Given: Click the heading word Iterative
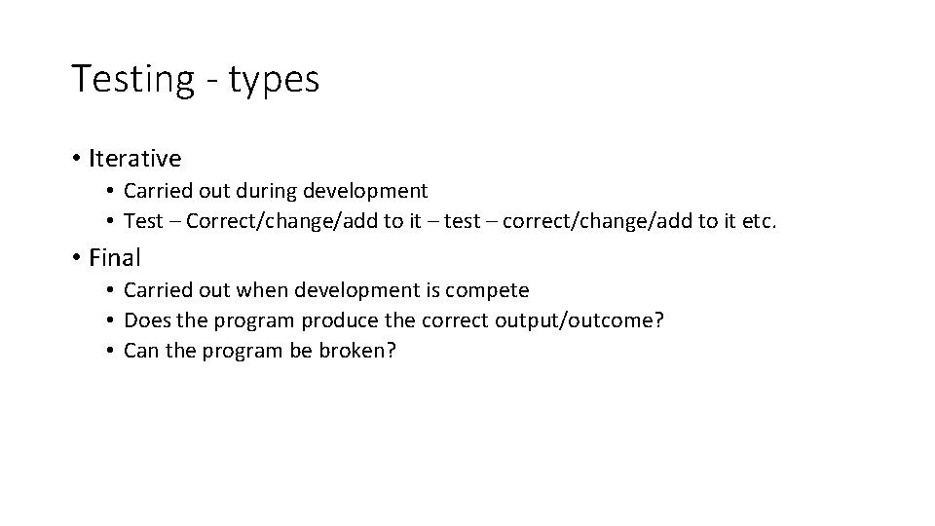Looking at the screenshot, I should click(x=134, y=158).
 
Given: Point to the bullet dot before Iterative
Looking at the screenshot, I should click(x=75, y=159).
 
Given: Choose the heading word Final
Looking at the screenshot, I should click(x=115, y=258).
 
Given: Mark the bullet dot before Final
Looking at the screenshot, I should click(x=75, y=259).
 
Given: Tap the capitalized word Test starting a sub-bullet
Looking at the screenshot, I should click(x=143, y=221).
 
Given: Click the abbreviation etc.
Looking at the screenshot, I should click(x=760, y=221).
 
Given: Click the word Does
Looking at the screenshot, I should click(x=146, y=320).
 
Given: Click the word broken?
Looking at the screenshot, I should click(x=356, y=351).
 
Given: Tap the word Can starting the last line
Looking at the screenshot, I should click(x=141, y=351).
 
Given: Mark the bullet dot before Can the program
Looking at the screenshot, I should click(x=113, y=351).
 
